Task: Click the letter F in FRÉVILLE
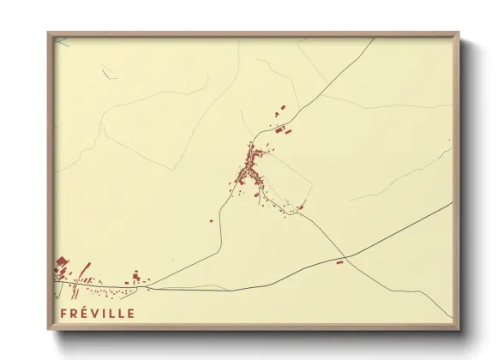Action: coord(63,313)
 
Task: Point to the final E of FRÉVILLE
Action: coord(130,313)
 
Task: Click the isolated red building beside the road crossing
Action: coord(339,262)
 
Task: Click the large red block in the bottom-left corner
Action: coord(61,263)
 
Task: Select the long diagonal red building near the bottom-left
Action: coord(84,268)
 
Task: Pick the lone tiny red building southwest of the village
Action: coord(212,220)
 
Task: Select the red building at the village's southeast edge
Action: coord(300,207)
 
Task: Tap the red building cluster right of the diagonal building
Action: coord(136,277)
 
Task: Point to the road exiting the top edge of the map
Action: coord(373,39)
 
